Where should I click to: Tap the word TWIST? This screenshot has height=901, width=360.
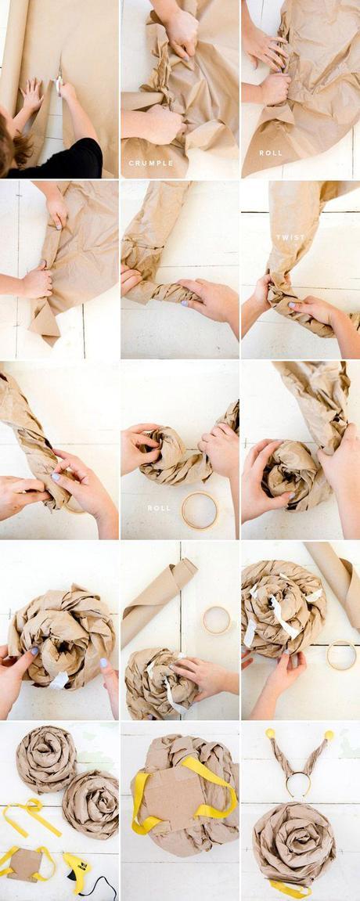pyautogui.click(x=290, y=236)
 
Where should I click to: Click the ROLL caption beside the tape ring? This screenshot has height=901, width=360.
pyautogui.click(x=159, y=508)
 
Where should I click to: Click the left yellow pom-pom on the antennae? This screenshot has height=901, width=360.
pyautogui.click(x=270, y=733)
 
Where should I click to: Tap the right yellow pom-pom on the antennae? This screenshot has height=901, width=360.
pyautogui.click(x=329, y=735)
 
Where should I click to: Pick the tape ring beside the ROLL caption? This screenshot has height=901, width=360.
pyautogui.click(x=200, y=510)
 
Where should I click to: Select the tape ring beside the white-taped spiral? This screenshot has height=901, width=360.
pyautogui.click(x=341, y=655)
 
